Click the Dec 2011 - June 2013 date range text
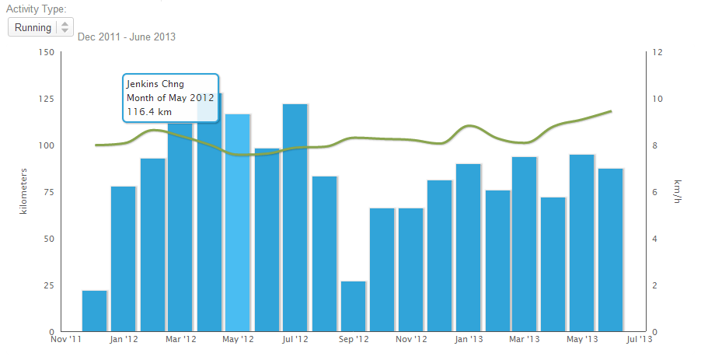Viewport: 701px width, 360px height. [x=127, y=37]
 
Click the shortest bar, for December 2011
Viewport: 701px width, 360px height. [x=95, y=311]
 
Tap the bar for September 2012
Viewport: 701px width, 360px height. [x=354, y=306]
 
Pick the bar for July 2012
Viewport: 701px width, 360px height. [x=295, y=218]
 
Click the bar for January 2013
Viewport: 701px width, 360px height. [x=469, y=248]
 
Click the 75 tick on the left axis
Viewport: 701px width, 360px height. [x=45, y=192]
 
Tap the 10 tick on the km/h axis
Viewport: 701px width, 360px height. [x=657, y=99]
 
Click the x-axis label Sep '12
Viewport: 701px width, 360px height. [x=354, y=340]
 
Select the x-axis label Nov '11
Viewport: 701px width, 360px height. [x=66, y=340]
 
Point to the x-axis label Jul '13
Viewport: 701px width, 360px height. [x=639, y=340]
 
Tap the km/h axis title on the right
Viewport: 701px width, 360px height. [x=678, y=193]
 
